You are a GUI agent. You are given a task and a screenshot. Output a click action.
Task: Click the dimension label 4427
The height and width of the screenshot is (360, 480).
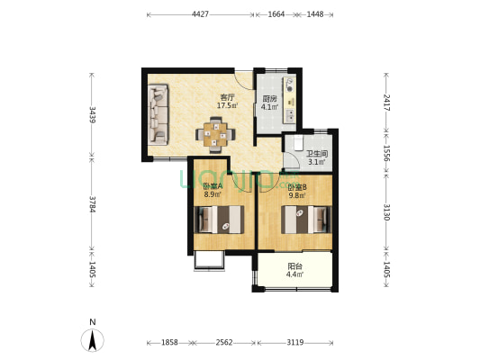coord(200,14)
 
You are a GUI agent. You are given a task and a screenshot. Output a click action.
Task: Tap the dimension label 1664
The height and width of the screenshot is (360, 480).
coord(276,14)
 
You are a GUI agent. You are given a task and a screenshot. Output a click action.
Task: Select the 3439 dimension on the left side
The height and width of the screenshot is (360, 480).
coord(92,114)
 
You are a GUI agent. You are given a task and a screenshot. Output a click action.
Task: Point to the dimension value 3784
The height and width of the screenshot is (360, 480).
coord(92,204)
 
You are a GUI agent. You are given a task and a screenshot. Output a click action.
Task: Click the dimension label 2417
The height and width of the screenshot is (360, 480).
coord(386,103)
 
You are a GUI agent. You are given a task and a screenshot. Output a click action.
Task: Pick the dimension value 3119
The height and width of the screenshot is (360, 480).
coord(295,343)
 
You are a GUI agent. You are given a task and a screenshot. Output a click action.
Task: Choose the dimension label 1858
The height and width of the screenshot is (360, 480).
coord(169,343)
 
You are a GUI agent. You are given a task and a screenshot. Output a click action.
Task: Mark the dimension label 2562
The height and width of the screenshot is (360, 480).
coord(224,343)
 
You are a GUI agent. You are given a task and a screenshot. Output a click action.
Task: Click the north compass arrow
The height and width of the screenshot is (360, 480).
coord(93,340)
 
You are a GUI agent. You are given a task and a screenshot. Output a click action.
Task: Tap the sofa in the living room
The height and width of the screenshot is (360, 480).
coord(158,114)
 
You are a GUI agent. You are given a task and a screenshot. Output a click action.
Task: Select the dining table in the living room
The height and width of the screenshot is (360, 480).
coord(215,134)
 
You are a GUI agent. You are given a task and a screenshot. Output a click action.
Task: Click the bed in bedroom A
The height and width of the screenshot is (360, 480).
coord(219,220)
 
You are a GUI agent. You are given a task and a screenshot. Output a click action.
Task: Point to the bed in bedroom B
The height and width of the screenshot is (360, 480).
coord(306,220)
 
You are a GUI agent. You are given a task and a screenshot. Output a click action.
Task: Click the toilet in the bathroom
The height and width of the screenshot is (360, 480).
coord(298,143)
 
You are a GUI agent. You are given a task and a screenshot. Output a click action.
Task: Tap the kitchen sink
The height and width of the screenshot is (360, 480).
coord(289,115)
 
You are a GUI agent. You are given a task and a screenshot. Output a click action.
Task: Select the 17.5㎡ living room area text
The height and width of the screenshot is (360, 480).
coord(228,106)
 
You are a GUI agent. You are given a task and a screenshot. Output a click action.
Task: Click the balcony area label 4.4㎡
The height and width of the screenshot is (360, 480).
coord(294,274)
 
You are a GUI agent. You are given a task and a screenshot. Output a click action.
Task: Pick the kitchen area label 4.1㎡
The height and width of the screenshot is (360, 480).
coord(269,107)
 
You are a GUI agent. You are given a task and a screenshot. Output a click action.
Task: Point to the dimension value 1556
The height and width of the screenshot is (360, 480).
coord(386,154)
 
